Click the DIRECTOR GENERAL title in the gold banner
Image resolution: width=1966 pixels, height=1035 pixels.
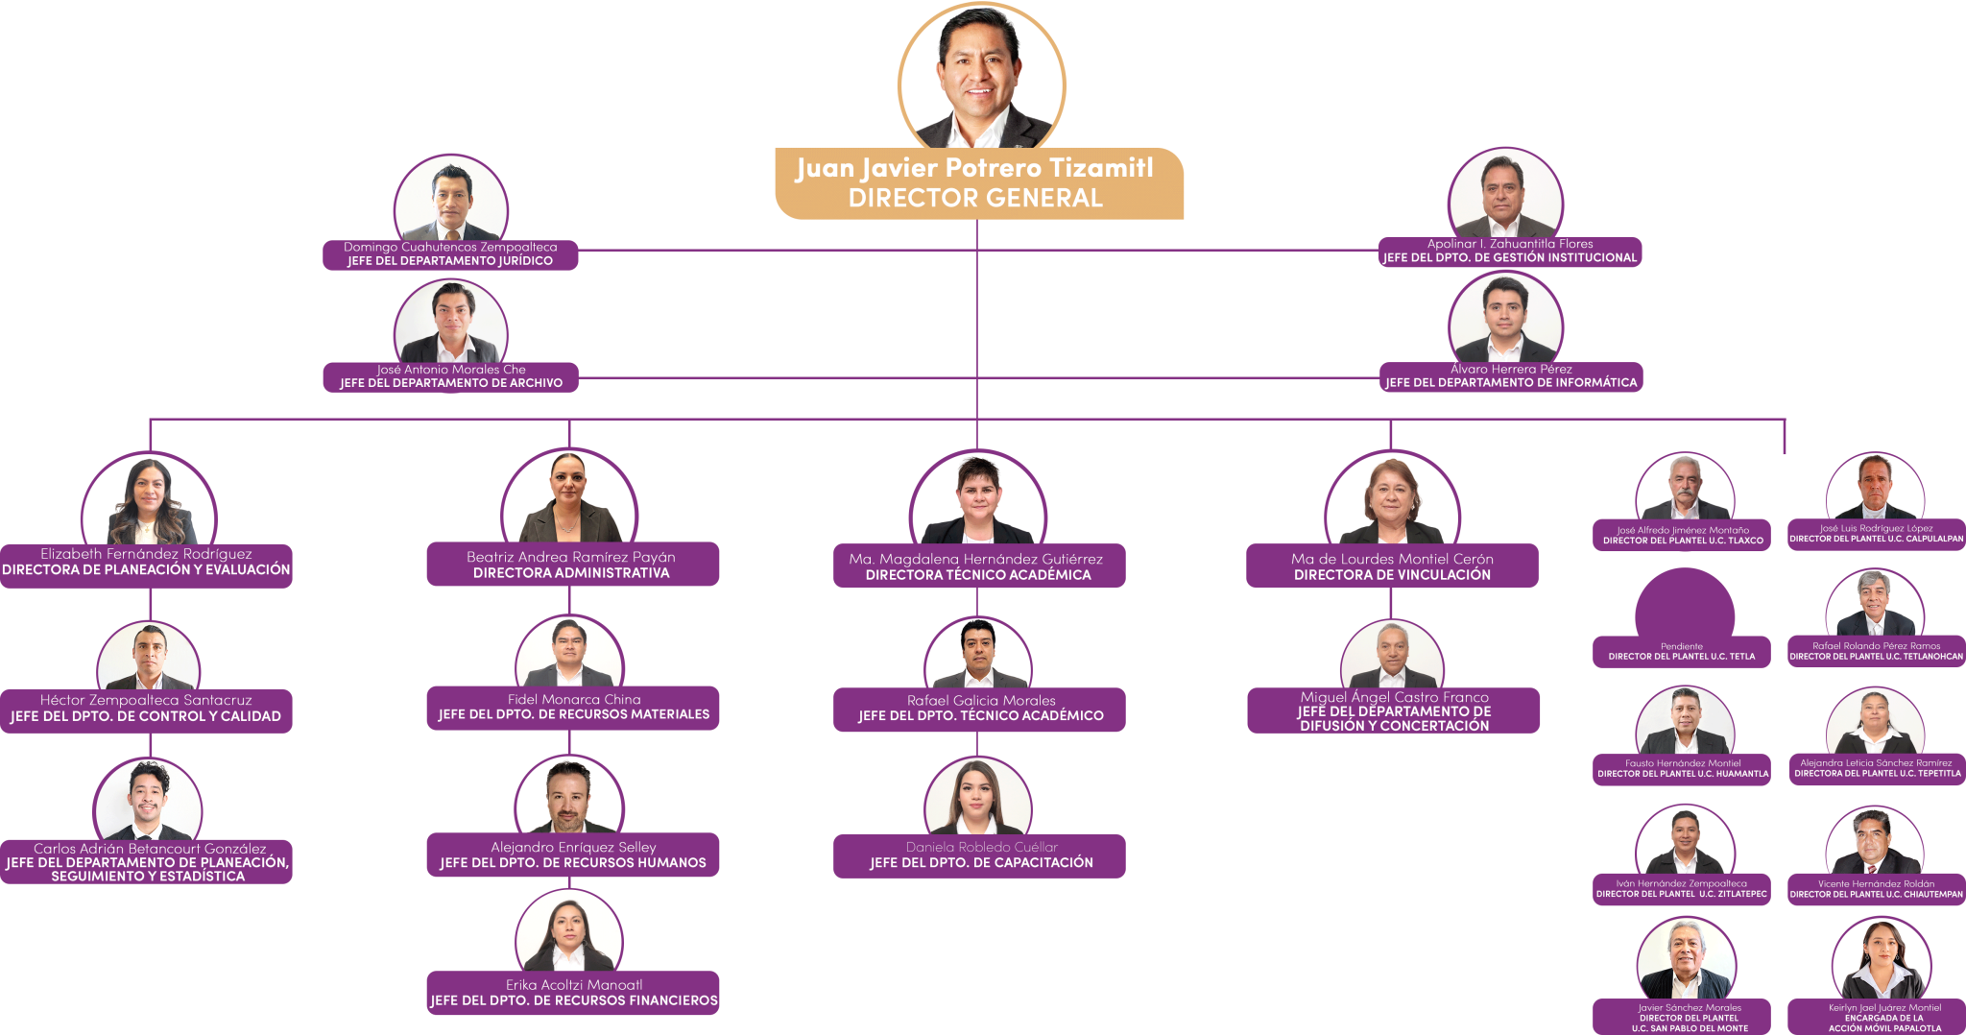pos(975,199)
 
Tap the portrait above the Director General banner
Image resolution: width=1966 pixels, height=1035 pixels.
pos(980,77)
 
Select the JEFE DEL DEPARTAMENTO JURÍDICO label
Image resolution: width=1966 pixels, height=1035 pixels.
pos(450,261)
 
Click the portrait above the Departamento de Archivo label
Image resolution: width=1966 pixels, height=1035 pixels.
pos(451,322)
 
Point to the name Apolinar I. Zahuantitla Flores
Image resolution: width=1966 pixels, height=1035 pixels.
pos(1510,244)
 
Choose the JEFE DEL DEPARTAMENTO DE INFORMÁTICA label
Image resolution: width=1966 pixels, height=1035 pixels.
pos(1511,383)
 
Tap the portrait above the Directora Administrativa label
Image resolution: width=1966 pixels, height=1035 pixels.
pos(569,497)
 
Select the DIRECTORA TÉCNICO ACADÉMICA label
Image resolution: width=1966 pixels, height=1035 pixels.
pos(978,575)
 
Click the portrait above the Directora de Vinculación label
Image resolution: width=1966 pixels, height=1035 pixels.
pos(1392,499)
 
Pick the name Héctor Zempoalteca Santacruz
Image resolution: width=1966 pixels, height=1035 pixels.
pos(146,700)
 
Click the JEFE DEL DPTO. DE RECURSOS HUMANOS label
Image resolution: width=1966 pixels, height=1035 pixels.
pos(573,863)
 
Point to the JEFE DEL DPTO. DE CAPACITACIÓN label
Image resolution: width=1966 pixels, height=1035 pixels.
pos(981,863)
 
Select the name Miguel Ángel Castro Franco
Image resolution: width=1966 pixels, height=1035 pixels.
pos(1394,697)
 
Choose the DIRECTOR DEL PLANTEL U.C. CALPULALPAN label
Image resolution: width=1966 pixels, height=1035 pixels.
pos(1876,539)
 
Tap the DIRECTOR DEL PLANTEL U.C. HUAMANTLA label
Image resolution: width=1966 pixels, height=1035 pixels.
pos(1683,774)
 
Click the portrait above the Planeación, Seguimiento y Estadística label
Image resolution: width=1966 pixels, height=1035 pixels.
pos(149,799)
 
